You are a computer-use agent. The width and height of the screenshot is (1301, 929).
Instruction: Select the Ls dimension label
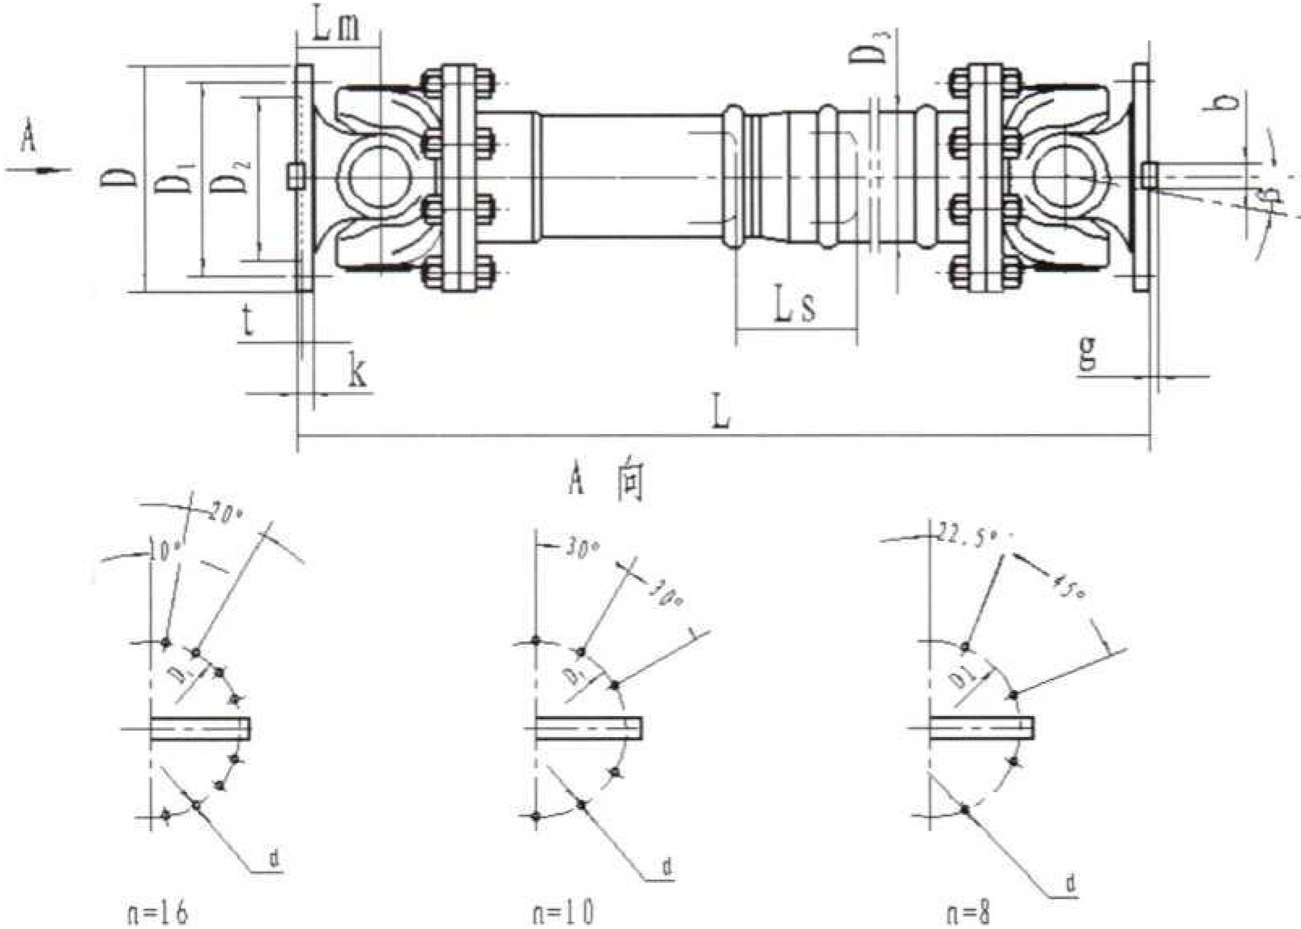coord(795,306)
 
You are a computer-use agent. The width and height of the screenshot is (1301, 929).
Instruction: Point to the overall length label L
coord(720,411)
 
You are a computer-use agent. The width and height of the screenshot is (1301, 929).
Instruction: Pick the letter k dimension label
coord(356,372)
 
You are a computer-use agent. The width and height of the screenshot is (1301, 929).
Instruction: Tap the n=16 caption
coord(158,914)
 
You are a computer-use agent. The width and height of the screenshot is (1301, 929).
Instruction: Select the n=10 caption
coord(563,914)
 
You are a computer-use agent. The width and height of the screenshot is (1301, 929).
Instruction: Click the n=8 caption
coord(968,914)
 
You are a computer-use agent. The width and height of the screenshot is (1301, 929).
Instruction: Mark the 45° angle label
coord(1068,586)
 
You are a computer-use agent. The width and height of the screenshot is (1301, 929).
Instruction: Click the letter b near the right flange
coord(1229,101)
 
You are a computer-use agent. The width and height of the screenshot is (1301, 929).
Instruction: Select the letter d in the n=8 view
coord(1071,884)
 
